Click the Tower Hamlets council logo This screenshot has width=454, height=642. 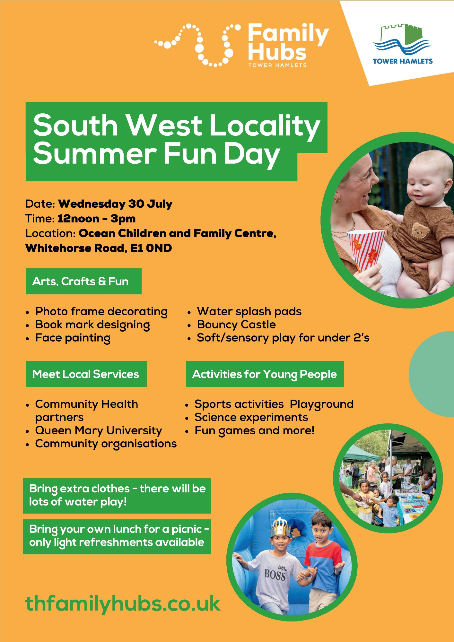click(x=403, y=44)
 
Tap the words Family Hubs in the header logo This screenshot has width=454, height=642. click(x=288, y=42)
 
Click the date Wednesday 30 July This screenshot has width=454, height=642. click(x=115, y=204)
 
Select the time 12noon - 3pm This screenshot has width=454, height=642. click(x=96, y=219)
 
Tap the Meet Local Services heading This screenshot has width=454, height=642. click(x=86, y=374)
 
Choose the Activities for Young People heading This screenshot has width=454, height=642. click(x=265, y=374)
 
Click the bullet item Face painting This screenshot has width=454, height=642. click(x=73, y=338)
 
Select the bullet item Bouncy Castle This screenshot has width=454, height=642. click(x=236, y=325)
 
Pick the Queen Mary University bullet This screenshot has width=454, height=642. click(x=99, y=430)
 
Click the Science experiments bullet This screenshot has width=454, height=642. click(x=251, y=417)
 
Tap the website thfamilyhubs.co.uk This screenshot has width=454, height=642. click(x=123, y=603)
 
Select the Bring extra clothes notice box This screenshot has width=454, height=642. click(x=117, y=496)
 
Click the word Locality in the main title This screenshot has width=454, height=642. click(x=265, y=126)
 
